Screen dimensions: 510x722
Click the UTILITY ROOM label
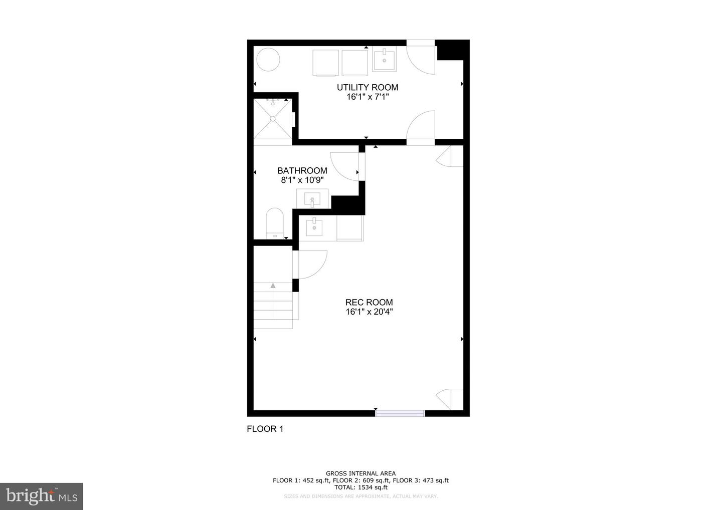click(367, 88)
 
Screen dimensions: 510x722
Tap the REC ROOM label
click(369, 303)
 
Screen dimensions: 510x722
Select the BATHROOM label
click(302, 171)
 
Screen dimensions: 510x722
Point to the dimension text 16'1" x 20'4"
click(369, 312)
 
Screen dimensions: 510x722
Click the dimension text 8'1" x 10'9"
click(302, 180)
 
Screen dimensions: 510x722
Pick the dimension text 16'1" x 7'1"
click(368, 97)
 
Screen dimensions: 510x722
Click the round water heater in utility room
click(268, 60)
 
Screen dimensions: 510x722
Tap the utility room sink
click(384, 59)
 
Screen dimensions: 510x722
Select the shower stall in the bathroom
click(272, 119)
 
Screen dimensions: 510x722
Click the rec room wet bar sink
click(314, 226)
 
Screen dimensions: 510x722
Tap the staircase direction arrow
click(273, 286)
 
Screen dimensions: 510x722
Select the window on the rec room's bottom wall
click(400, 413)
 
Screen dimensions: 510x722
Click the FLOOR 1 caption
click(265, 429)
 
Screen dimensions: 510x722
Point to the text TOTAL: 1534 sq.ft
click(360, 487)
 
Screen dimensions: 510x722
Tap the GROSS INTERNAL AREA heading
click(360, 473)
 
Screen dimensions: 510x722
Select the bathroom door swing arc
click(344, 165)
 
